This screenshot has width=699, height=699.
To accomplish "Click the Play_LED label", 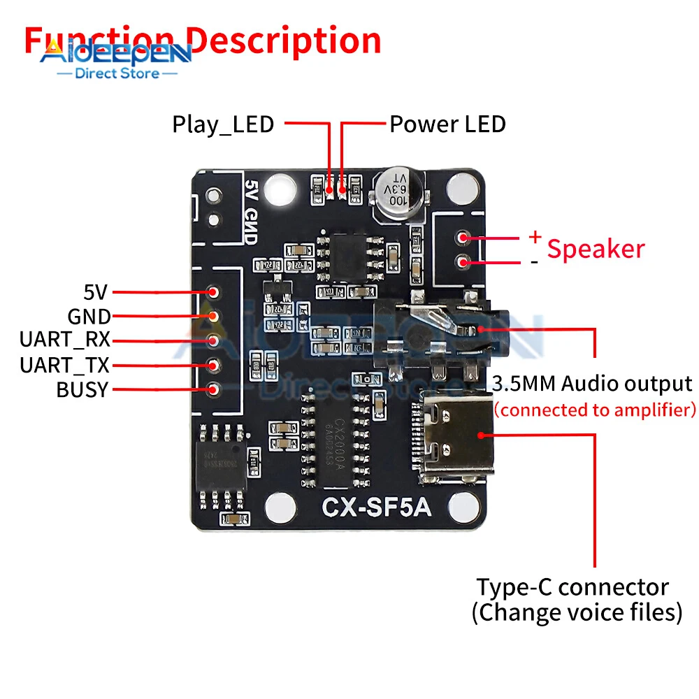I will [x=223, y=124].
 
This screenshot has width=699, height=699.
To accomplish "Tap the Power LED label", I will [x=447, y=124].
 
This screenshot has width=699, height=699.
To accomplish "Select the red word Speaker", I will [x=596, y=249].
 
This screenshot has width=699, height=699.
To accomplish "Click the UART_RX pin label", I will [x=64, y=340].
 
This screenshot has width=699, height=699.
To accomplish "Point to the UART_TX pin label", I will [x=64, y=365].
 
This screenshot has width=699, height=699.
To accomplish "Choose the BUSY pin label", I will [x=82, y=389].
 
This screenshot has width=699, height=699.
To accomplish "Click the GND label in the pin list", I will [x=89, y=316].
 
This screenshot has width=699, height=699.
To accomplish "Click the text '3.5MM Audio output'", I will [x=592, y=384].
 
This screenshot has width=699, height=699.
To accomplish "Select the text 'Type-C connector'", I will [x=572, y=586].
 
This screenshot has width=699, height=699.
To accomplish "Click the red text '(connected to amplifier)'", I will [x=595, y=410].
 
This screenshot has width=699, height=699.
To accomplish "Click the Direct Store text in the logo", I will [x=116, y=73].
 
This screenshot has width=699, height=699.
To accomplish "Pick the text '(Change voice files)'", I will [x=577, y=613].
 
